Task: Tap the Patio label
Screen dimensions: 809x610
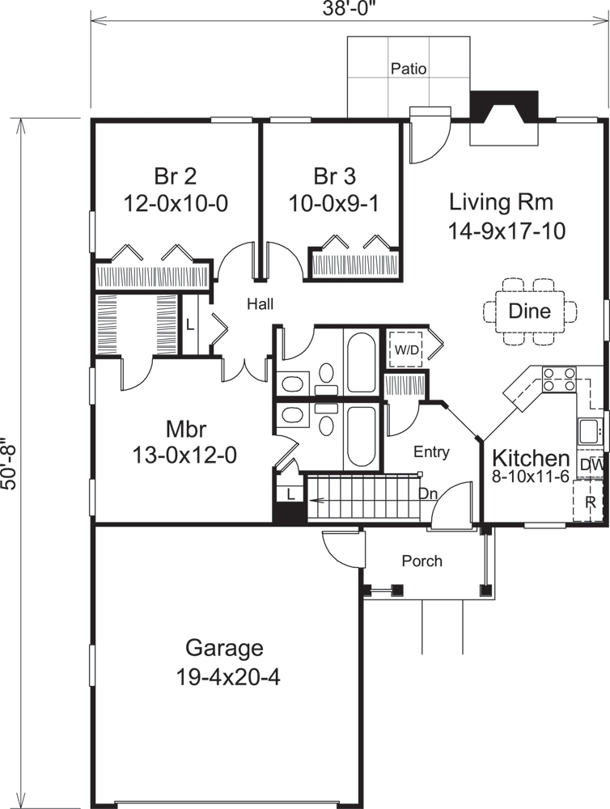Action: (409, 69)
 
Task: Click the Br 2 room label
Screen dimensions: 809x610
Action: (175, 176)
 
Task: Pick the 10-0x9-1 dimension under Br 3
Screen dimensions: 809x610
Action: (333, 204)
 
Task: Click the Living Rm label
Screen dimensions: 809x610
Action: (506, 201)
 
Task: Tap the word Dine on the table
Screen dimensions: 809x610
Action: (530, 311)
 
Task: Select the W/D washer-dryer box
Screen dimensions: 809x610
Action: (405, 349)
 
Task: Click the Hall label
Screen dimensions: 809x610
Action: (261, 304)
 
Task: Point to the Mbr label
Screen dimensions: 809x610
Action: (184, 428)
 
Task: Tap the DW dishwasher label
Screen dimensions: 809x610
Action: (591, 465)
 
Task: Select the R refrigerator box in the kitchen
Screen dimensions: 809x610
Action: (590, 501)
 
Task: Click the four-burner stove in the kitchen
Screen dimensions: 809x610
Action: (558, 379)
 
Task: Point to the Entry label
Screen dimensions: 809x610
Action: (430, 452)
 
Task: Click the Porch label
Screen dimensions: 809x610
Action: (421, 561)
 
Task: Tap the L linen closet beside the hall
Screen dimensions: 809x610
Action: (190, 324)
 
